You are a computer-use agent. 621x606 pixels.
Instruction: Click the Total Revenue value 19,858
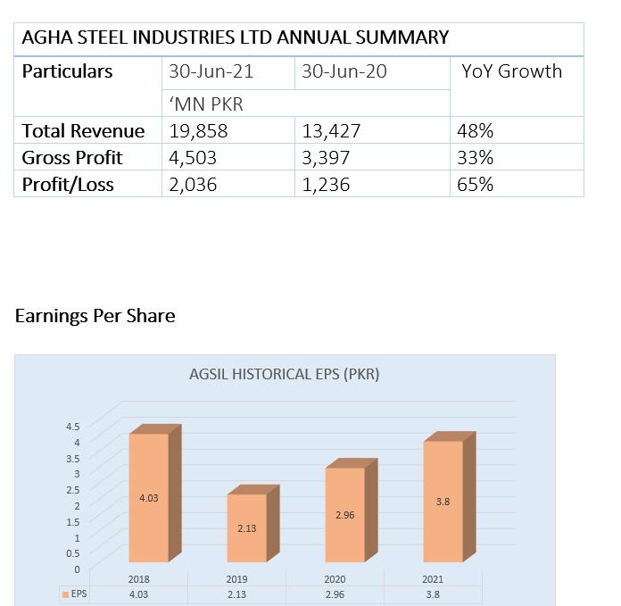point(198,131)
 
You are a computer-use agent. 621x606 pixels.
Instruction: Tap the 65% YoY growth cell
point(476,185)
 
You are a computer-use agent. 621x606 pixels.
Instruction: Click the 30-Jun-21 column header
point(211,71)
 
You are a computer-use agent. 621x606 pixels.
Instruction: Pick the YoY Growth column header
point(512,71)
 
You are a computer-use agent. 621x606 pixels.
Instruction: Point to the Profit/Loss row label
point(72,185)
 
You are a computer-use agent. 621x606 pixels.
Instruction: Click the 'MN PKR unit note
point(206,104)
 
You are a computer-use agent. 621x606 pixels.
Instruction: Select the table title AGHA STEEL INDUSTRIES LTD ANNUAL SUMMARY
point(235,37)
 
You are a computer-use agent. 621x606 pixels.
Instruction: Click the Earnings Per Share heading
point(95,316)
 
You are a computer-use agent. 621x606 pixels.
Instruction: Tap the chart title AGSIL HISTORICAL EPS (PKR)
point(285,375)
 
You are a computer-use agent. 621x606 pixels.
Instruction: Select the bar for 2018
point(149,497)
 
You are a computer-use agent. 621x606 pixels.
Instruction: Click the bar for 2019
point(246,527)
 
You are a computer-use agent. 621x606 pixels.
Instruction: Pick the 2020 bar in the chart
point(344,515)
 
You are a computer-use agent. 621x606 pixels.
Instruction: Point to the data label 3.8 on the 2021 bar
point(443,502)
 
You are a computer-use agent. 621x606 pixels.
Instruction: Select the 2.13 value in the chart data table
point(237,594)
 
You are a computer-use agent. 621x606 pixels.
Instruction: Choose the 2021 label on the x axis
point(433,579)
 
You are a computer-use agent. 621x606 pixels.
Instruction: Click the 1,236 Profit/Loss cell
point(326,185)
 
